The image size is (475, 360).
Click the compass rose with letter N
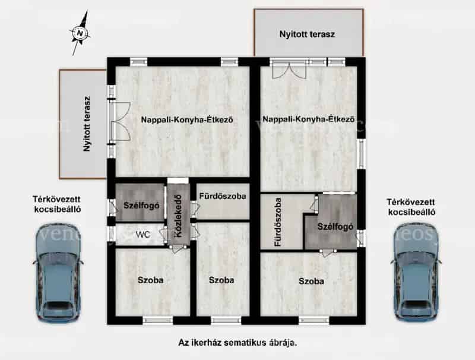coord(80,33)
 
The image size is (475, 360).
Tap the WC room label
coord(143,235)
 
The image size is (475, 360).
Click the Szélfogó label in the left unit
coord(141,206)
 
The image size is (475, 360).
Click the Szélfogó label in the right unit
coord(335,227)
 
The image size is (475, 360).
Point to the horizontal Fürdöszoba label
coord(223,196)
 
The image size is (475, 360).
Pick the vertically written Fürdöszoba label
coord(278,222)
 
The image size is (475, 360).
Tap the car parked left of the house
coord(58,272)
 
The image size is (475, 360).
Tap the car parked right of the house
coord(416,272)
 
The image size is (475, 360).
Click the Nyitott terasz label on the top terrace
coord(307,34)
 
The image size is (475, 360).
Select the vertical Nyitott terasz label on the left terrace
coord(87,124)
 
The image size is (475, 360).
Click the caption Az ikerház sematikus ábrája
coord(237,343)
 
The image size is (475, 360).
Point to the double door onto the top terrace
coord(290,70)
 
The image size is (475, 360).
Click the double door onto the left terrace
coord(121,122)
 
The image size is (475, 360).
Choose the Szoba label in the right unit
coord(311,281)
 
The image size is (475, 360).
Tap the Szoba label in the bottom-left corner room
coord(151,280)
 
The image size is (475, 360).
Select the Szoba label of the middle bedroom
coord(221,280)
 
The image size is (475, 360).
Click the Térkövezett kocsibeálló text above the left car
coord(57,204)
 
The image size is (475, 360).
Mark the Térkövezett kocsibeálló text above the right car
coord(411,207)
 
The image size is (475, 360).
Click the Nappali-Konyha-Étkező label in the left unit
coord(187,119)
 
